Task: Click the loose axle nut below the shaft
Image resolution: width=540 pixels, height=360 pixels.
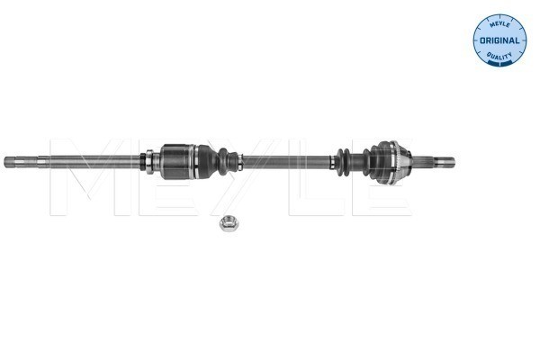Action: pos(229,223)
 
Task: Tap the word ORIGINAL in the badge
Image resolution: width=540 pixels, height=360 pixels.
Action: pos(499,40)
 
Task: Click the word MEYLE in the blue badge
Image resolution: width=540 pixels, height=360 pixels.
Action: pos(499,24)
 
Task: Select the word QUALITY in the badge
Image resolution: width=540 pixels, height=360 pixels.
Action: pos(499,56)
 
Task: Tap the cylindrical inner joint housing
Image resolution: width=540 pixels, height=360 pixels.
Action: pos(177,162)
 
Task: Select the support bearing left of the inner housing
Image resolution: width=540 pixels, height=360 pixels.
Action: pos(150,162)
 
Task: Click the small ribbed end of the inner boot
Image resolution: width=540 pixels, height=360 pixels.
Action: pos(228,160)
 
